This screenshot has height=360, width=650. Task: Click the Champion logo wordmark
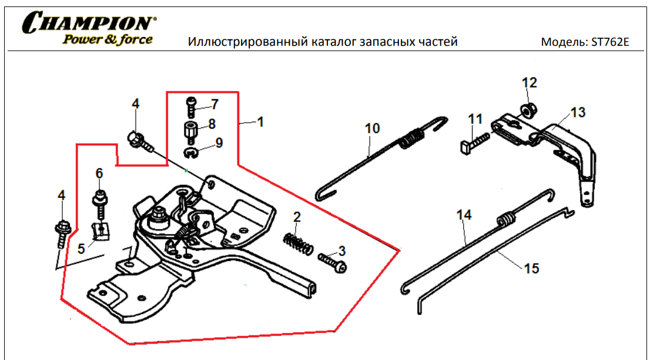point(88,23)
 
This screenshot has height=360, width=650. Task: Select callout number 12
point(529,82)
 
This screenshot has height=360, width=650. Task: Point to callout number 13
point(578,112)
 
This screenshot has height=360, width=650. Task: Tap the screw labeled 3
point(333,261)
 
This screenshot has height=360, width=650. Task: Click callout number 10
point(373,127)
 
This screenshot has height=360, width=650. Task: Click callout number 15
point(531,268)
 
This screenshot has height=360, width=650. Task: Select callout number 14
point(464,216)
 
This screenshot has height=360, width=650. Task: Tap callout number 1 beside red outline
point(260,122)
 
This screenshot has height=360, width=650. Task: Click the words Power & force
point(108,40)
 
